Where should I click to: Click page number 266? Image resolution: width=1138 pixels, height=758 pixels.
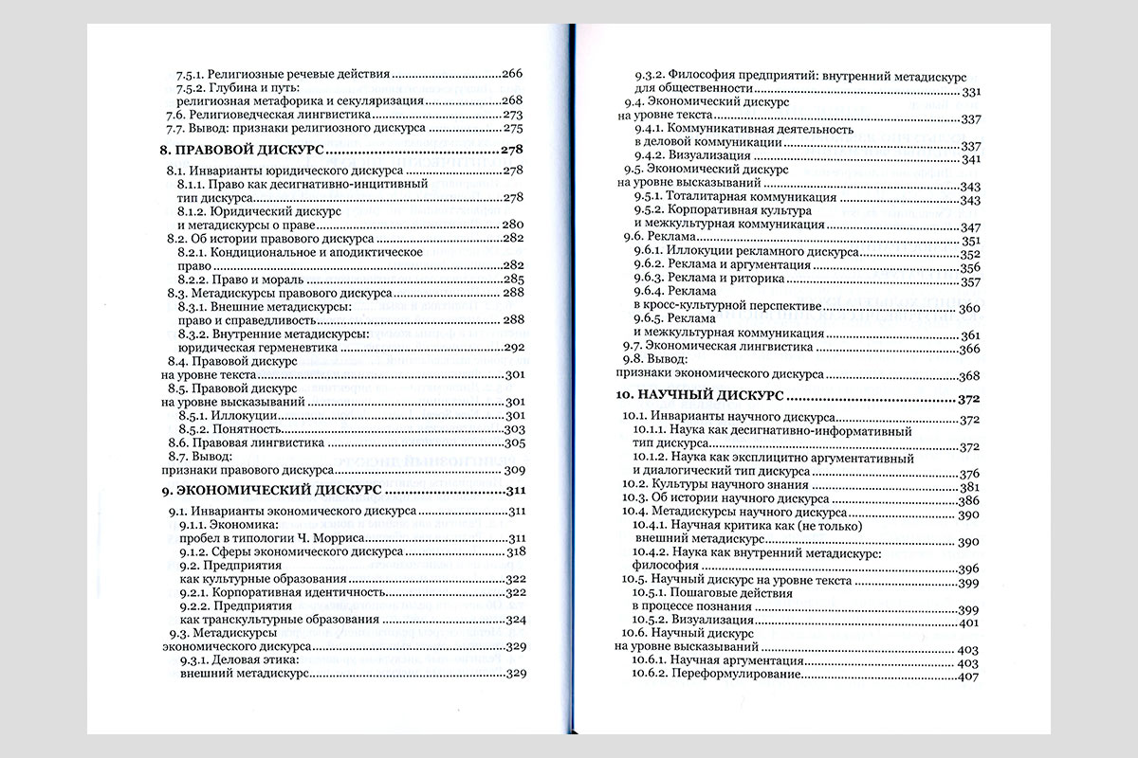(512, 73)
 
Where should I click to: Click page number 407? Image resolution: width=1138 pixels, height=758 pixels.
(968, 677)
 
